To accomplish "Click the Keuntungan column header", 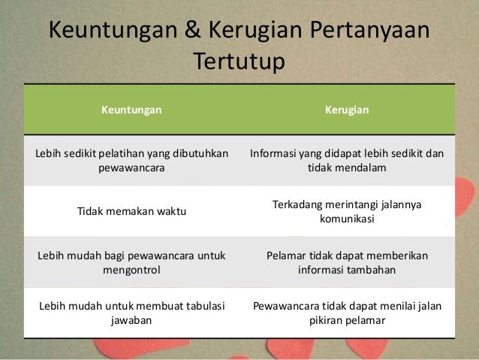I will coord(131,110).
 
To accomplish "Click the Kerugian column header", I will coord(347,110).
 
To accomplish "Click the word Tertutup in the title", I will coord(239,62).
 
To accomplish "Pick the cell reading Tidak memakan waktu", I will coord(131,212).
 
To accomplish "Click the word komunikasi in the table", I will coord(347,219).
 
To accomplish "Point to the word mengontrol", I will coord(131,270).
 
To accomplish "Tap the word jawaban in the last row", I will coord(131,320).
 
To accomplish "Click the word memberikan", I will coord(395,256).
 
